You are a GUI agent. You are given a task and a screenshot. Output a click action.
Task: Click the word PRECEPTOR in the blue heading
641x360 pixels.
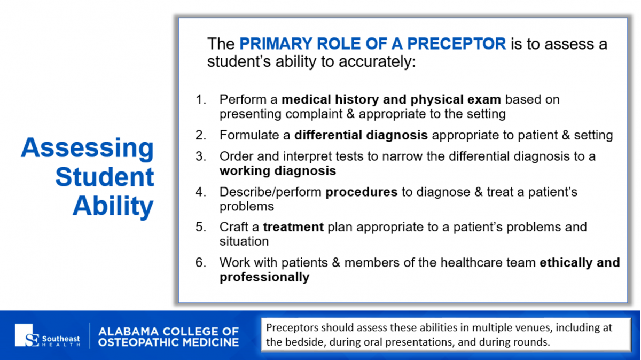tap(456, 43)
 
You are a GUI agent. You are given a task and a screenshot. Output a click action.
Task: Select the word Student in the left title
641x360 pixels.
tap(105, 177)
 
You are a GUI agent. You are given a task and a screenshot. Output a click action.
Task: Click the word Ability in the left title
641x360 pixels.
tap(113, 206)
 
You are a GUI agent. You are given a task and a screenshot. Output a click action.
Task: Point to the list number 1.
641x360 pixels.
tap(201, 99)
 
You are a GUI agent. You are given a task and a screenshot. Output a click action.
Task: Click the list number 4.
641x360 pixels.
tap(201, 192)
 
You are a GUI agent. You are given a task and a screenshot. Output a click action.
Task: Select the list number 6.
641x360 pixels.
tap(201, 263)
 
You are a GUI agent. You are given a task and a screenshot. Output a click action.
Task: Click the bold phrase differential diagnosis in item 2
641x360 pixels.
tap(361, 135)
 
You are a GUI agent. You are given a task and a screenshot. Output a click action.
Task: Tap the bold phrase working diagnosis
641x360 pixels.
tap(278, 171)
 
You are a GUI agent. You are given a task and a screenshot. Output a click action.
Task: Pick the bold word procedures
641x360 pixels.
tap(362, 192)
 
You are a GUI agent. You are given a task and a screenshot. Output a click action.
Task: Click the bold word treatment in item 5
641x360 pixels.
tap(293, 227)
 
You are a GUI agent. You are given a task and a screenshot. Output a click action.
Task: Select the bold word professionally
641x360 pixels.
tap(264, 277)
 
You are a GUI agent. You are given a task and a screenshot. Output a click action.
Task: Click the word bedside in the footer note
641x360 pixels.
tap(307, 342)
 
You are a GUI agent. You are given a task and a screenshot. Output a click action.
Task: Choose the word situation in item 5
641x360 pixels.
tap(244, 241)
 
